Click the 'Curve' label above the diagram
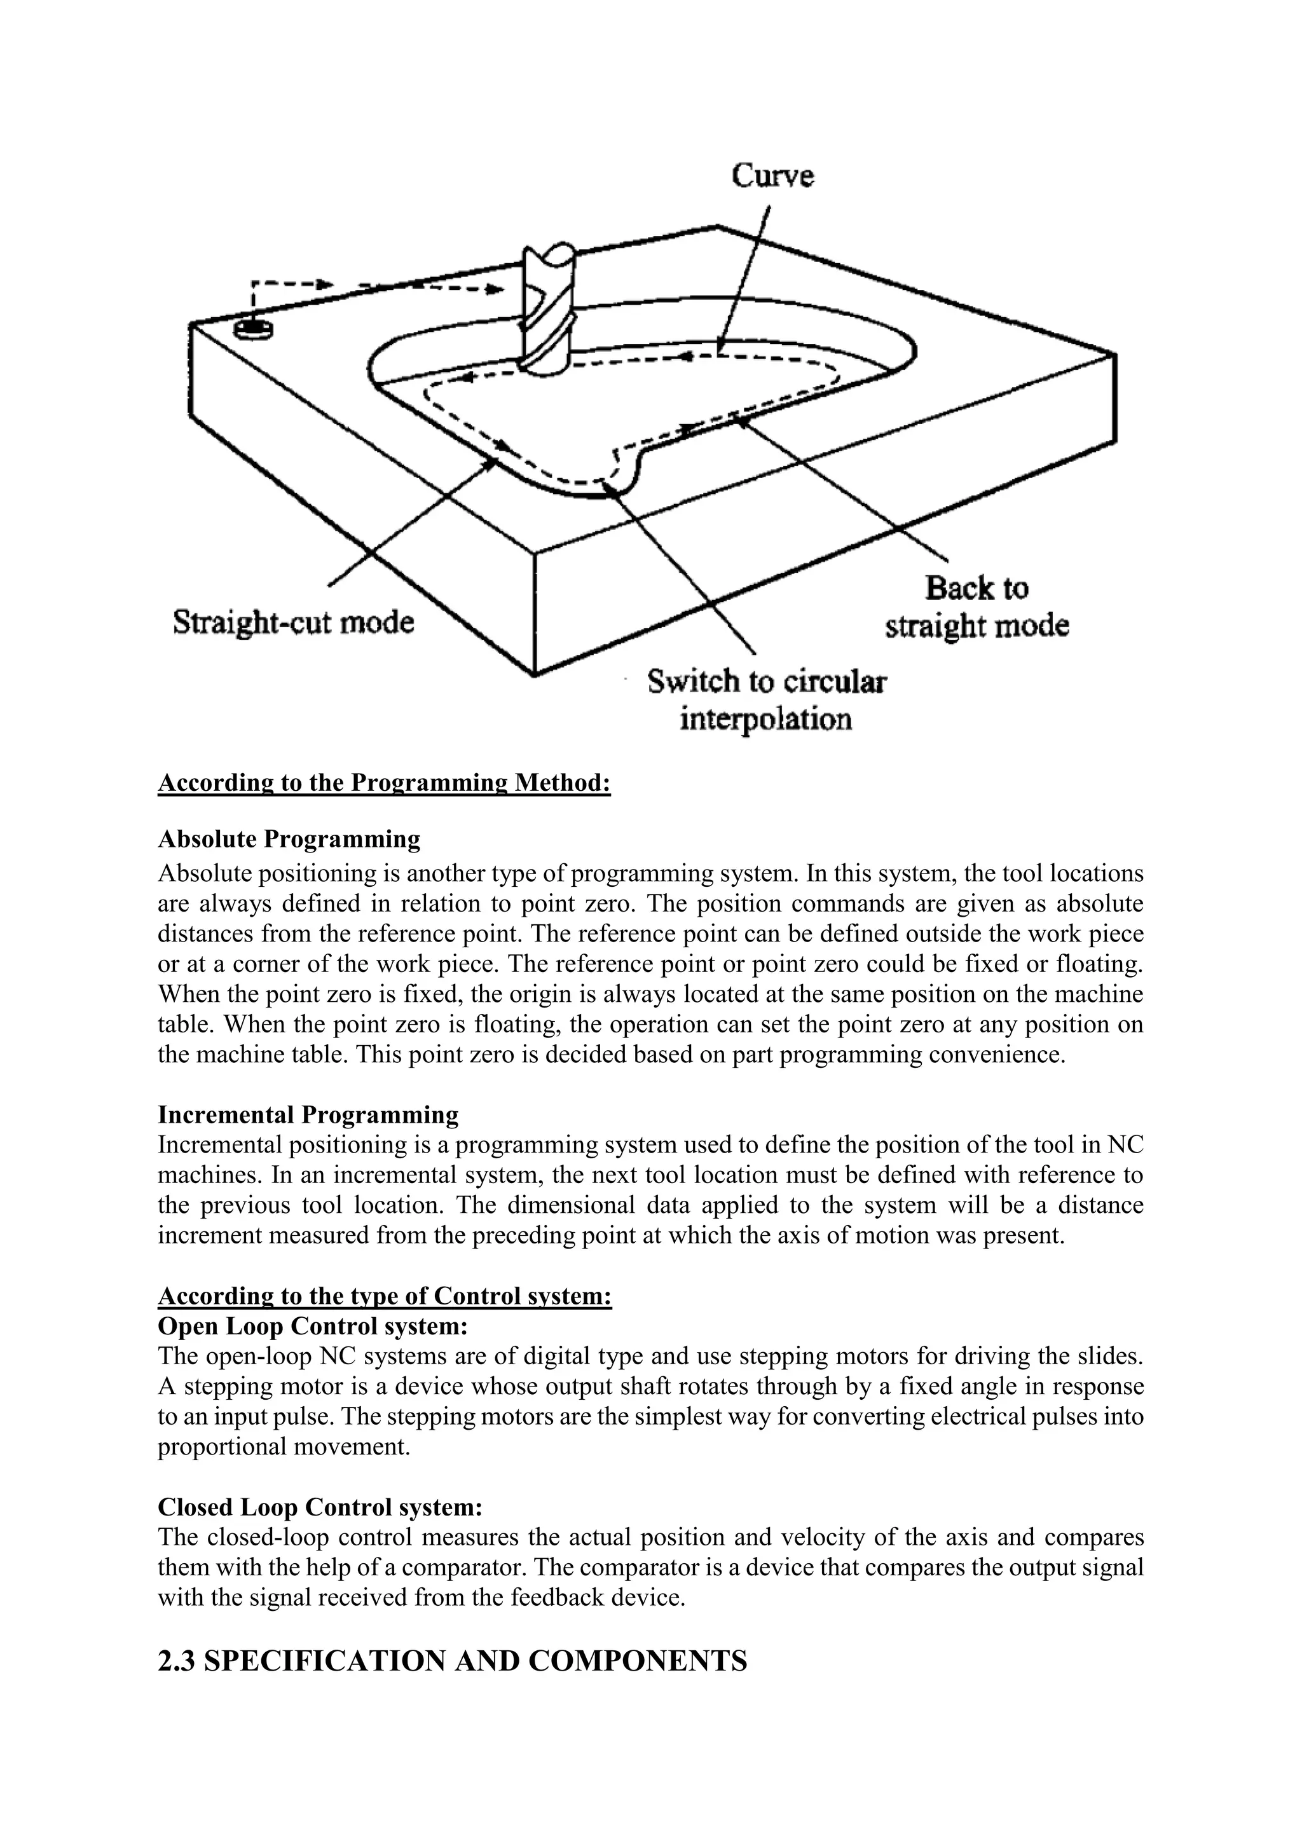[772, 175]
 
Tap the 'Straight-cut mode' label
[294, 622]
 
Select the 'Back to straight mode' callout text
[976, 607]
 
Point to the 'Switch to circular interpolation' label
[767, 700]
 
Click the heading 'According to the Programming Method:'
[384, 783]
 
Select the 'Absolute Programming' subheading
[289, 840]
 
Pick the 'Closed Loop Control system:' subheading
[320, 1507]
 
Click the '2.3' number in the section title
[176, 1660]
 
